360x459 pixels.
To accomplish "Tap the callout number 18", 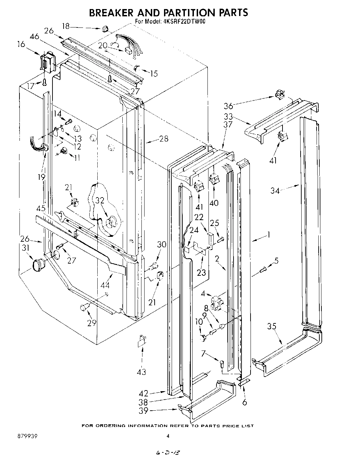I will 66,26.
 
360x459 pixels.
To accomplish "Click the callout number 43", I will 141,372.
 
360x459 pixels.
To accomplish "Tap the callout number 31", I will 26,248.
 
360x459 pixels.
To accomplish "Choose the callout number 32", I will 100,200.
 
